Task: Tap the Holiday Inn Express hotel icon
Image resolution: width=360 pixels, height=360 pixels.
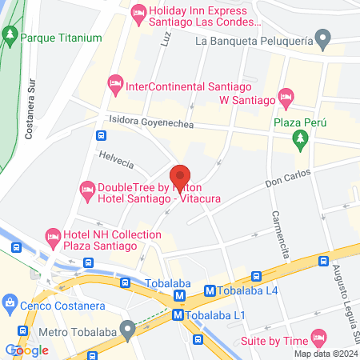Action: point(138,12)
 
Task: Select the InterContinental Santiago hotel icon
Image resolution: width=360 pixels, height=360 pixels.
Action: point(115,82)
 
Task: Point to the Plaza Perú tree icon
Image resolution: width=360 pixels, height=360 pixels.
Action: point(301,140)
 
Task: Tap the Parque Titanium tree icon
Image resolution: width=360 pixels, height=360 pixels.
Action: point(10,37)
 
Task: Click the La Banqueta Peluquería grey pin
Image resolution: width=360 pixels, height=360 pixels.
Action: point(322,38)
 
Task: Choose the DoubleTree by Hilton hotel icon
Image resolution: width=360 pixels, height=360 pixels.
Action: point(87,190)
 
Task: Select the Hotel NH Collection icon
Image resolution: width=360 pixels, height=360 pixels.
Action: point(53,236)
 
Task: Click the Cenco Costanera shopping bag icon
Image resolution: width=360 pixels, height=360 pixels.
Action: point(10,303)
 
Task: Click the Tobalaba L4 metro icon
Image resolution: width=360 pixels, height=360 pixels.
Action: point(210,292)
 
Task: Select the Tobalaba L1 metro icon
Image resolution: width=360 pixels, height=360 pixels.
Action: point(181,315)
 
